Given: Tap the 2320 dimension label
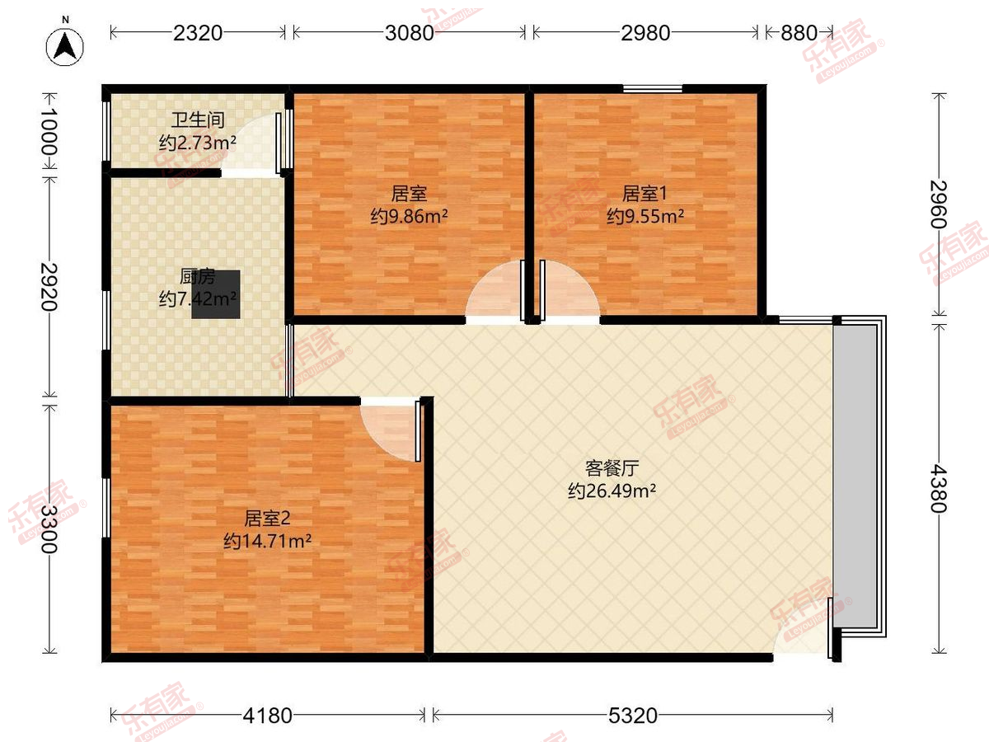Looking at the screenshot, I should (x=198, y=33).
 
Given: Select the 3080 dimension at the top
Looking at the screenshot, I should (x=409, y=33).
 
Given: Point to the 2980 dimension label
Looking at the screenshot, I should (x=645, y=33).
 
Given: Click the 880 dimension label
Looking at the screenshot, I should (x=799, y=33).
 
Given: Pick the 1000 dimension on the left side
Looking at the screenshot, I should (x=50, y=132).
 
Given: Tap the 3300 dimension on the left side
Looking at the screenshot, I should (x=50, y=528).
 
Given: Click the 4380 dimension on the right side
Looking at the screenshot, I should (x=939, y=486).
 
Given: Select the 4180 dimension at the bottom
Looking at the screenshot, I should (x=268, y=716).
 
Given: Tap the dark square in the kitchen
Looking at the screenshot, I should (x=216, y=294).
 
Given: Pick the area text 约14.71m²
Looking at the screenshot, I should (x=267, y=541).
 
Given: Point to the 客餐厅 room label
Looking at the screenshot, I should (x=612, y=469).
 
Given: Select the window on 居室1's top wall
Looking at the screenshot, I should (x=652, y=88).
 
